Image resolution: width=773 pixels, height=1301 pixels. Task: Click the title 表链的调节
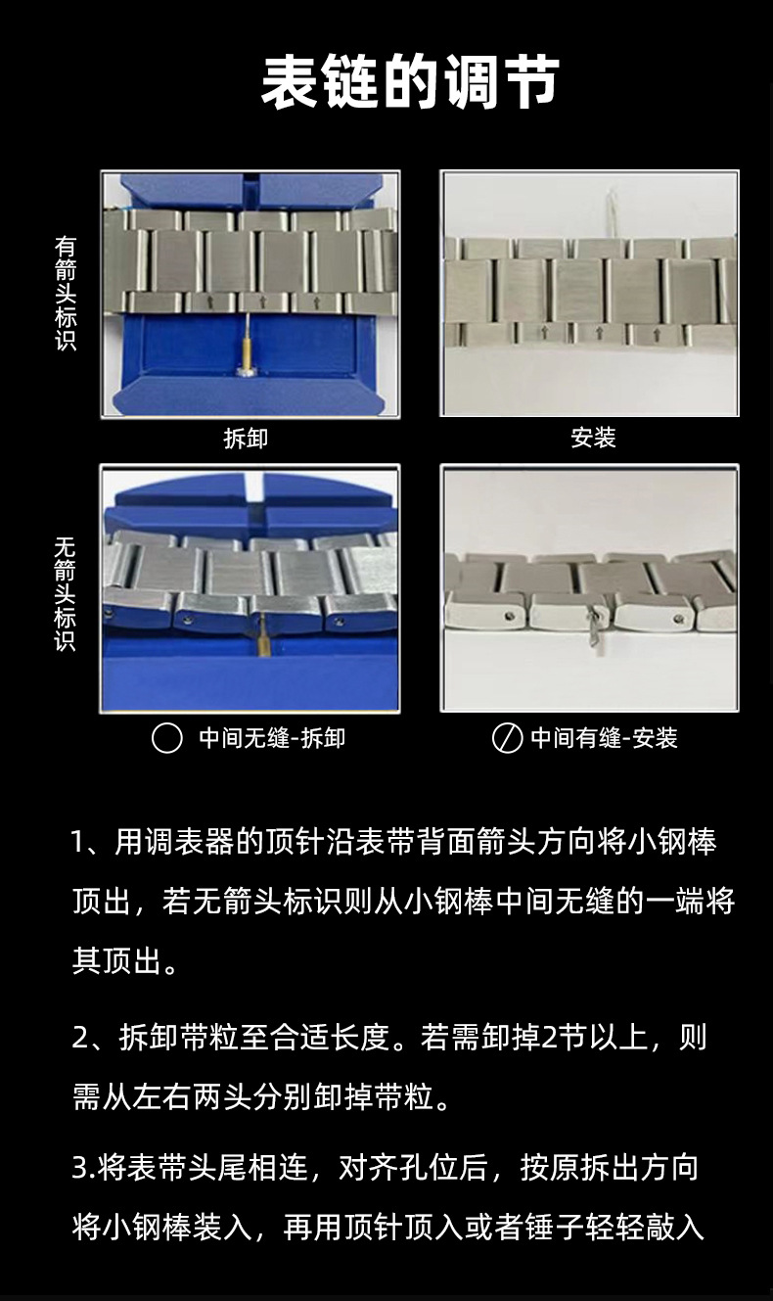click(x=410, y=82)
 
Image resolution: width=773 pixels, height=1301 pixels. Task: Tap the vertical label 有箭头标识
click(x=65, y=294)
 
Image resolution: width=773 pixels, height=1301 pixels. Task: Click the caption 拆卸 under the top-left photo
click(x=246, y=439)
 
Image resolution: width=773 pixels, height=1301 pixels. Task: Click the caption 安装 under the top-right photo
click(x=593, y=438)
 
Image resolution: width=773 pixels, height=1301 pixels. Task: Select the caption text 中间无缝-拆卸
click(x=272, y=738)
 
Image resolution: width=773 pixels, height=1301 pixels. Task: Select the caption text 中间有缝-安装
click(x=604, y=738)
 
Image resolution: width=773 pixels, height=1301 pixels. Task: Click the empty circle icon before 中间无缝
click(x=167, y=738)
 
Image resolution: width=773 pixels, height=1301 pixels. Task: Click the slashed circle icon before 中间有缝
click(x=507, y=738)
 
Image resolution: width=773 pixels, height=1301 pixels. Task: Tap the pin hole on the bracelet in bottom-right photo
click(x=509, y=615)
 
